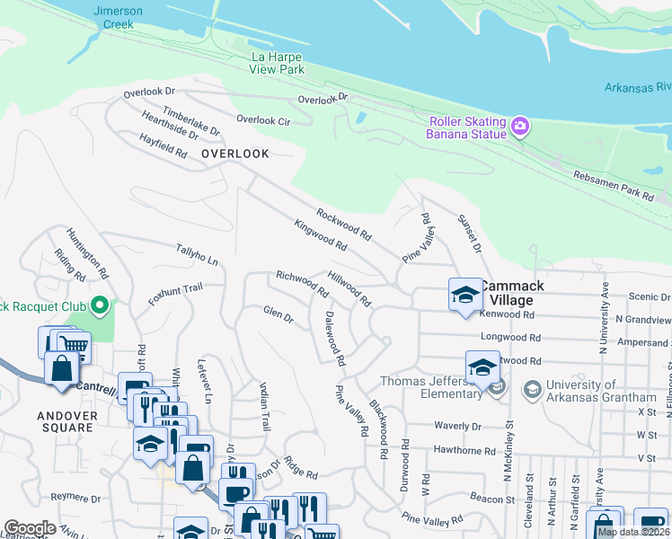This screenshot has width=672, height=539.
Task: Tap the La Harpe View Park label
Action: click(x=277, y=62)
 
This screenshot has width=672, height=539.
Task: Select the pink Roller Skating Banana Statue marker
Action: click(x=520, y=128)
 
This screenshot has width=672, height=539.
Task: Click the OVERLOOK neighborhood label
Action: click(x=235, y=154)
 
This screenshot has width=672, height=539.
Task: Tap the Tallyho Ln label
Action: click(x=197, y=254)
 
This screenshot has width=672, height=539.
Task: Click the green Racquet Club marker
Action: click(x=100, y=308)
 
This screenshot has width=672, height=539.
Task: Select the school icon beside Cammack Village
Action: click(x=464, y=295)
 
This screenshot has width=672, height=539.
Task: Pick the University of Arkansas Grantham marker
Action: click(x=531, y=389)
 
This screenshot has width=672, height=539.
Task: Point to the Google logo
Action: click(x=30, y=527)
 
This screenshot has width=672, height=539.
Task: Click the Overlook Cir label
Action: click(x=263, y=119)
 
